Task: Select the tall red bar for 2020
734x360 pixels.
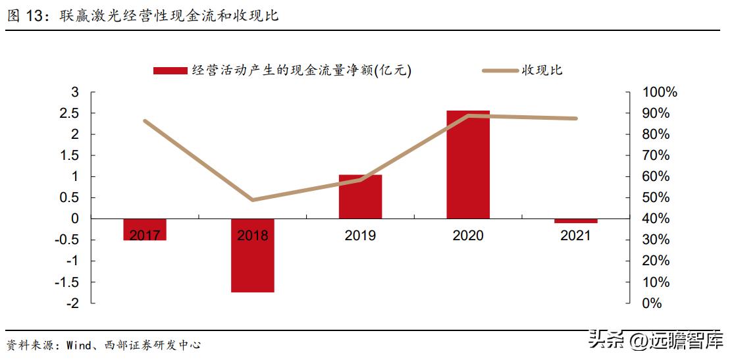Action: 468,165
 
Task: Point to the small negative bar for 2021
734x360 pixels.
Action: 576,221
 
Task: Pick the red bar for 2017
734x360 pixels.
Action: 145,229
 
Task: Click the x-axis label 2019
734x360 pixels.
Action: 360,236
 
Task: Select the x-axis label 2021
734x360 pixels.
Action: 576,236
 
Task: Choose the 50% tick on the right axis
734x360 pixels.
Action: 654,197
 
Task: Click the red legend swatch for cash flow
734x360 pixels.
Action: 170,71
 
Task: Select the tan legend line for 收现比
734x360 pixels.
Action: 500,71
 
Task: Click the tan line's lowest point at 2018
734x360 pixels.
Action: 253,200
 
